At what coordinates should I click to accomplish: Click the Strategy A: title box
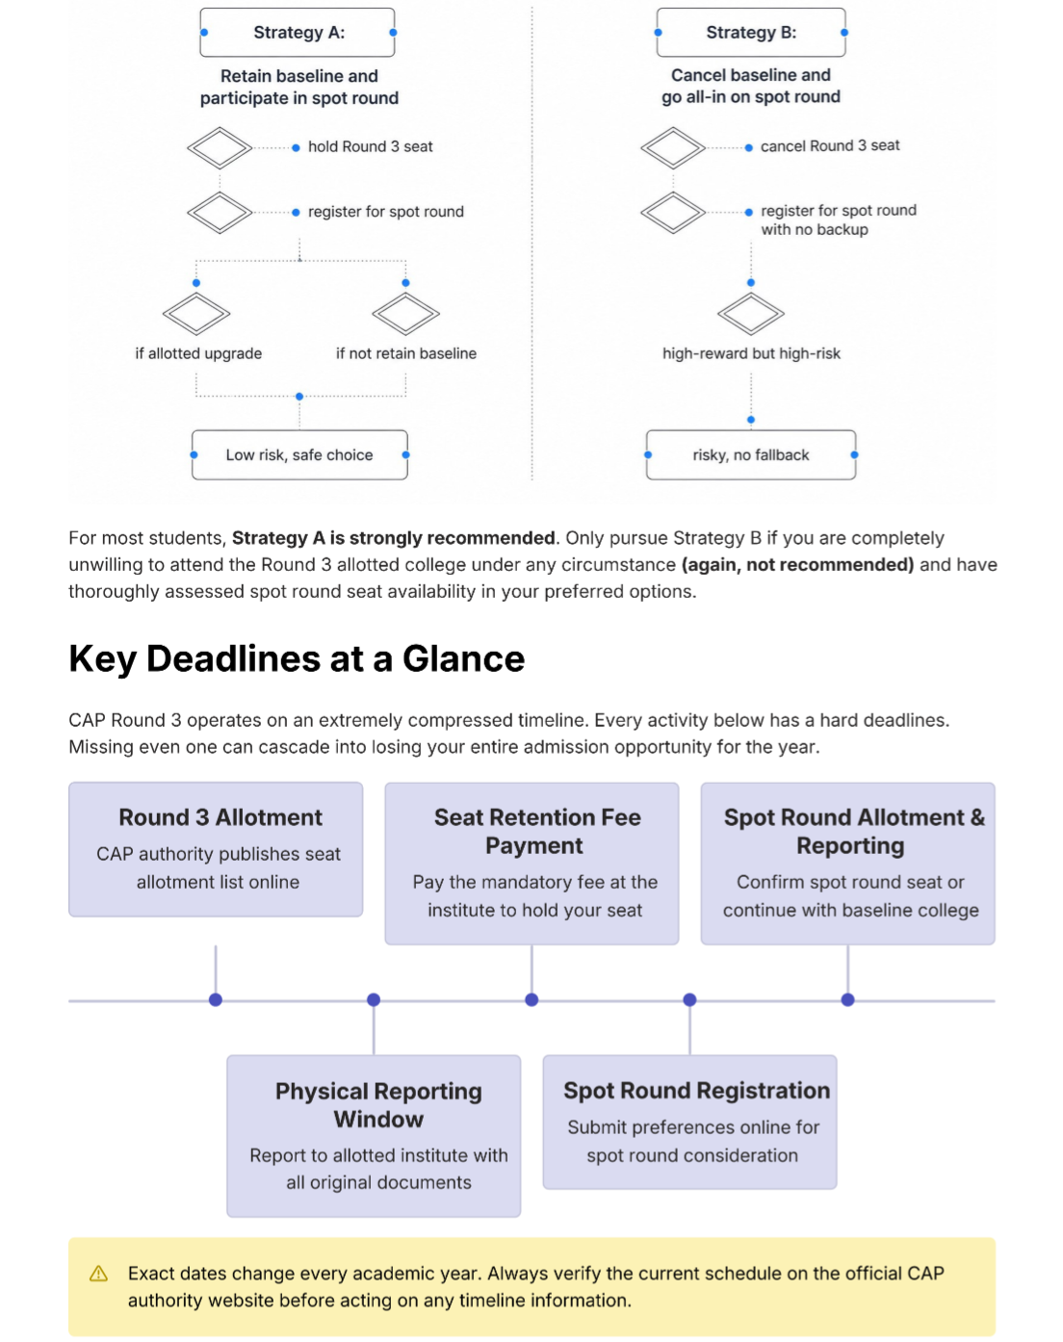pos(298,33)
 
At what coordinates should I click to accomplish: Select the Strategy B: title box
pos(750,33)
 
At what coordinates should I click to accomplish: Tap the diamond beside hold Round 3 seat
pos(220,148)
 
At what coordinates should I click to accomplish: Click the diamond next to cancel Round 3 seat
pos(672,148)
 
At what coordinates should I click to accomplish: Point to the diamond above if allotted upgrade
pos(195,314)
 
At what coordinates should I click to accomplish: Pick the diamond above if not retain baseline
pos(405,314)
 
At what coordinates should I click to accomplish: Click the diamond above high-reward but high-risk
pos(750,314)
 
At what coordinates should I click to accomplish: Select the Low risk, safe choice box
pos(299,454)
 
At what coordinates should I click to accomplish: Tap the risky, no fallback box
pos(750,454)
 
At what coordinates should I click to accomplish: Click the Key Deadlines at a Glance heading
pos(297,658)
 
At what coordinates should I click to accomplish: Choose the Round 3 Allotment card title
pos(220,817)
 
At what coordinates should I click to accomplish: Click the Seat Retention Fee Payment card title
pos(536,831)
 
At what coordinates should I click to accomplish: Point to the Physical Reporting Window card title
pos(378,1104)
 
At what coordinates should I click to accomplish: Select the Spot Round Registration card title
pos(696,1090)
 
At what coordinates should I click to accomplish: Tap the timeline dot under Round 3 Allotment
pos(216,999)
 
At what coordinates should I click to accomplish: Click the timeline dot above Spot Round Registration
pos(689,999)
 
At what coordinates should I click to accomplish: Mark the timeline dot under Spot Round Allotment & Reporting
pos(847,999)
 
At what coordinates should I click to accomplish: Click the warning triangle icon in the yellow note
pos(98,1274)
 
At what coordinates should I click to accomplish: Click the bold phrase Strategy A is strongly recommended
pos(394,537)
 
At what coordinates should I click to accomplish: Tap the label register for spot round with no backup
pos(838,219)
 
